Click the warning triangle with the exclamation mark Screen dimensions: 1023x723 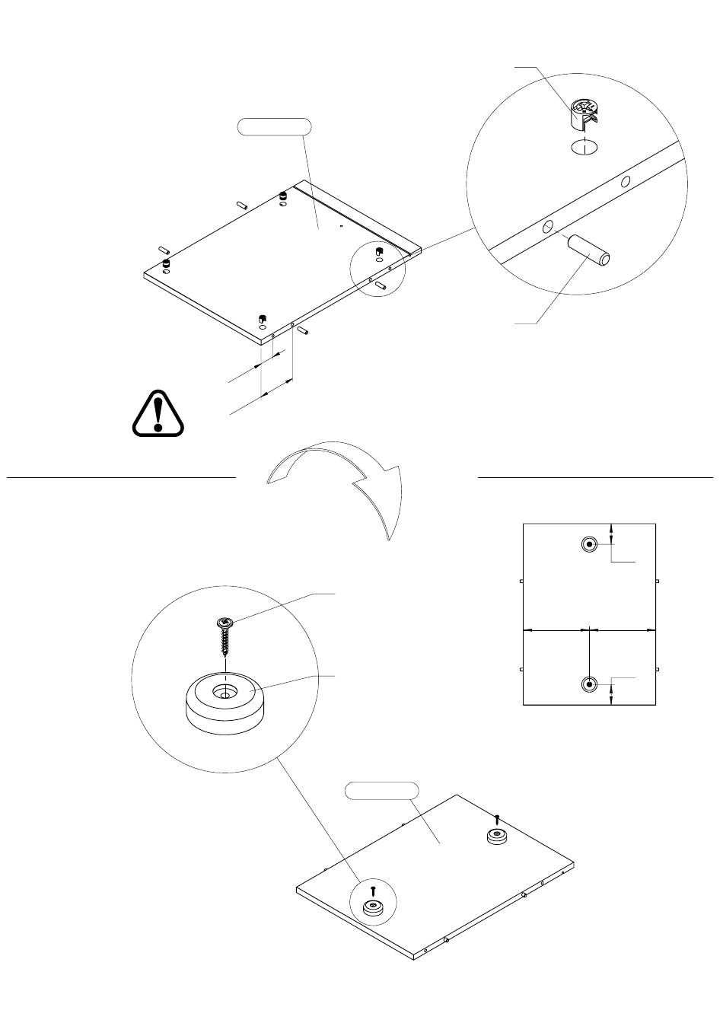158,414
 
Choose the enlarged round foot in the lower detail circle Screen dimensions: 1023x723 225,703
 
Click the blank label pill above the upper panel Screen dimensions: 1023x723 275,126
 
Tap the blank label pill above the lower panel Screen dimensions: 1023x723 381,790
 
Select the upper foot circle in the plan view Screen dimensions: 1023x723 589,544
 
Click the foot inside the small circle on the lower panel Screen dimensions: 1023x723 373,906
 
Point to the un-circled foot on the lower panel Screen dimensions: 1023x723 497,836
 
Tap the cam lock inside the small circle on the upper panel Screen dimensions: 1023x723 378,251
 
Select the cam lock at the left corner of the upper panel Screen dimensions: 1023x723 166,264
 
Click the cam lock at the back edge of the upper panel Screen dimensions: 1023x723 283,196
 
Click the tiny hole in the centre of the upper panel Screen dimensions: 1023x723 342,225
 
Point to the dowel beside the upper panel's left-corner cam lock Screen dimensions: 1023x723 163,249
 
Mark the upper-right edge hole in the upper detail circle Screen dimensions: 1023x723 626,181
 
